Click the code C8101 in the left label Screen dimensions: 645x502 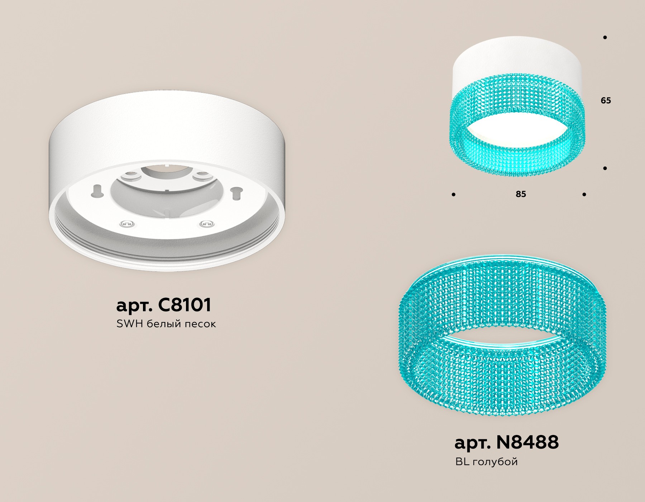coord(185,305)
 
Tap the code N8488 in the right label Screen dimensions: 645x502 coord(527,442)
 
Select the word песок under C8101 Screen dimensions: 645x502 coord(200,324)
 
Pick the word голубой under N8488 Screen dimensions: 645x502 coord(495,462)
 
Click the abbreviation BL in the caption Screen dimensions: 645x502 coord(462,461)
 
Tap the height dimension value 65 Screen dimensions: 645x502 coord(606,101)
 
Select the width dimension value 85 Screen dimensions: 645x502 coord(521,194)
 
